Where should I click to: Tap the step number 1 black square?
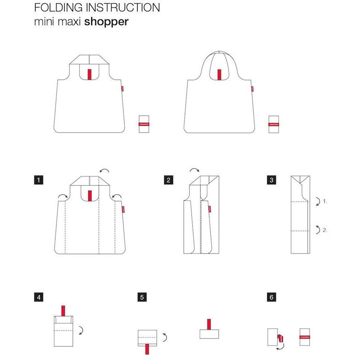point(40,180)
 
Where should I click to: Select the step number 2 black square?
point(168,180)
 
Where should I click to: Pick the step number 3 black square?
point(271,180)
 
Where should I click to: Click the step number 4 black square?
point(40,297)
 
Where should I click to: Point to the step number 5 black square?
point(142,297)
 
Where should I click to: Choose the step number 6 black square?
point(271,297)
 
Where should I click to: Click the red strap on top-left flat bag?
point(89,74)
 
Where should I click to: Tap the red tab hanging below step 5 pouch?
point(147,349)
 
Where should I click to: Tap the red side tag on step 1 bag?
point(124,209)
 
